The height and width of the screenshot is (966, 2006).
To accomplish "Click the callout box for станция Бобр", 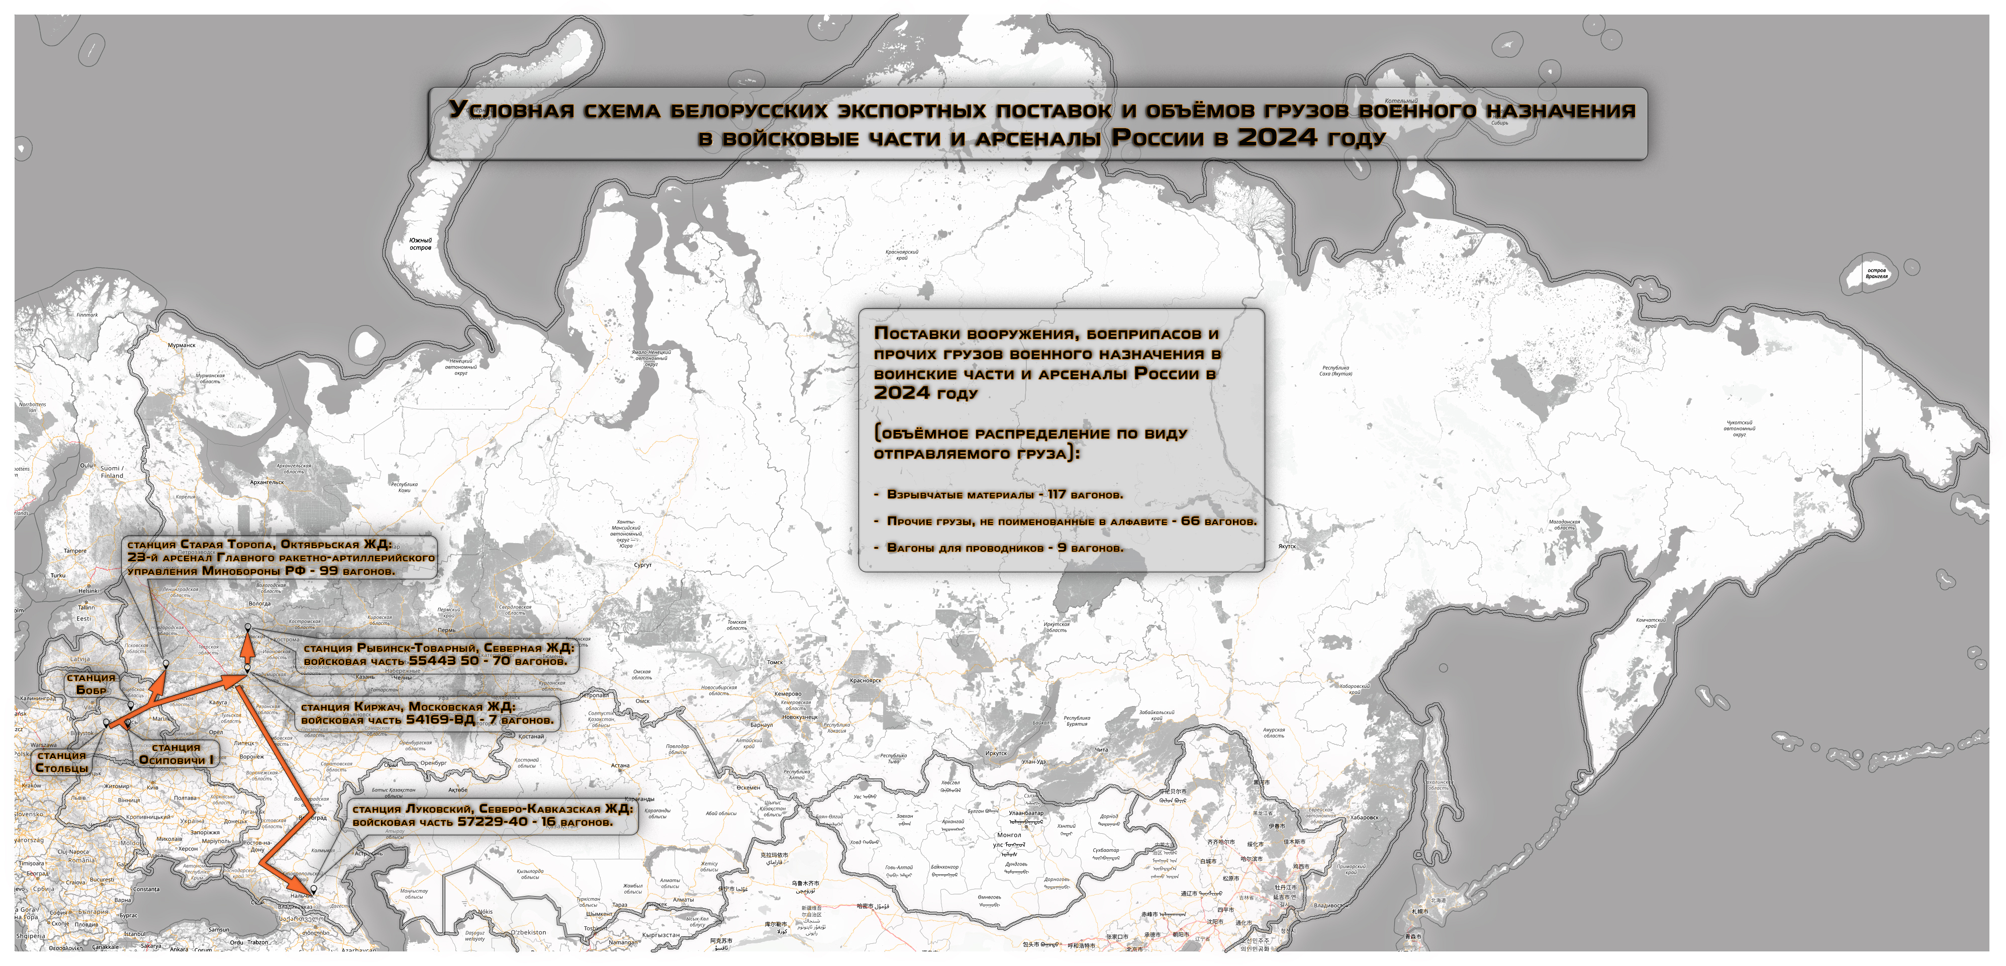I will tap(91, 684).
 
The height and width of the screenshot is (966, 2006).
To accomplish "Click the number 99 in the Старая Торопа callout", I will tap(329, 570).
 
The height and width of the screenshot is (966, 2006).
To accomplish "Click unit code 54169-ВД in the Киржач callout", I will tap(440, 719).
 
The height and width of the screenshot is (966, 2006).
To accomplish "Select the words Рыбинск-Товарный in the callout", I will tap(417, 647).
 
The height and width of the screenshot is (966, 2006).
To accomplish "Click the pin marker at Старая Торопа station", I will tap(166, 664).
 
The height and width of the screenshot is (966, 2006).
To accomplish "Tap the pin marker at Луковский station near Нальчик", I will tap(314, 889).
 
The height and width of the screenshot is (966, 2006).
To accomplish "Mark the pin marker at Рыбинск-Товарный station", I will tap(248, 627).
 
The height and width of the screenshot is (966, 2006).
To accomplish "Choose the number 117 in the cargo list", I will tap(1057, 494).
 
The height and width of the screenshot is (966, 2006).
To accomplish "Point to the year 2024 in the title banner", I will tap(1278, 137).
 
